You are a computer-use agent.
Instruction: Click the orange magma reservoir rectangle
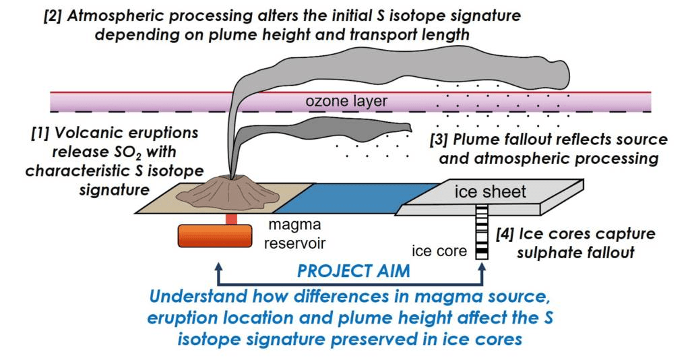[211, 236]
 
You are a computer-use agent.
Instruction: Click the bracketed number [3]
[439, 140]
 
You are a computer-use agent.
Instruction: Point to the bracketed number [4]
[506, 234]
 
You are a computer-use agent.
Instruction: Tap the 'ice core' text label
[439, 251]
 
